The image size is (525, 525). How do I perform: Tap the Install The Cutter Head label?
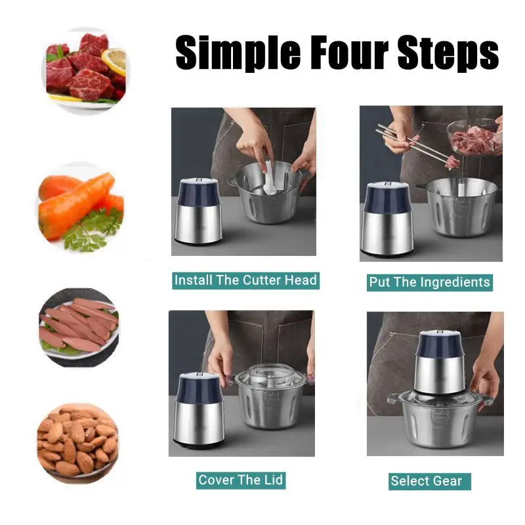245,280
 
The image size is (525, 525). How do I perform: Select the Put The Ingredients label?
429,282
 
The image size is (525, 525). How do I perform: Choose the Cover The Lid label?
240,480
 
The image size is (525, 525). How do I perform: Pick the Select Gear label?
427,481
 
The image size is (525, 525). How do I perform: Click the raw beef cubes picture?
79,69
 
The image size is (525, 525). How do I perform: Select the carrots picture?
75,200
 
